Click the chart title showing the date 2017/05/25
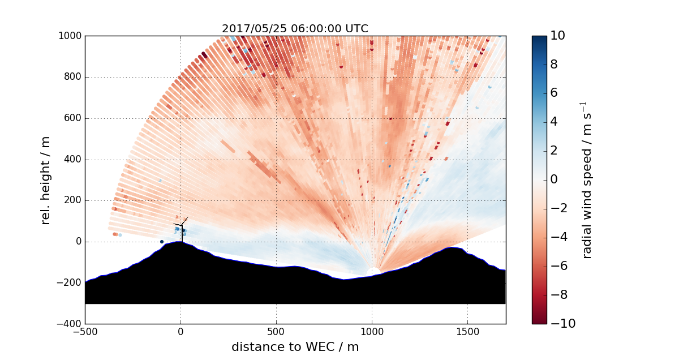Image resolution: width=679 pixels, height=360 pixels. tap(295, 29)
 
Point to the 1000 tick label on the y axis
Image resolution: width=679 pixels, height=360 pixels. tap(70, 36)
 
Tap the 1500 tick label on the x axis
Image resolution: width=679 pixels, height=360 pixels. tap(467, 331)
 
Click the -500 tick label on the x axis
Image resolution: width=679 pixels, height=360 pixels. tap(85, 331)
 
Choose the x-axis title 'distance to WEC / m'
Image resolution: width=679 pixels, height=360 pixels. tap(295, 347)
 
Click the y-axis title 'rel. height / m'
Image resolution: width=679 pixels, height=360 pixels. tap(46, 180)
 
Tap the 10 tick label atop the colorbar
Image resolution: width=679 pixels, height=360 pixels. tap(558, 36)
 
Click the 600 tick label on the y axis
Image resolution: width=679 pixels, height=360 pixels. tap(72, 118)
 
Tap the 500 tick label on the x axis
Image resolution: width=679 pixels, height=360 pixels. tap(276, 331)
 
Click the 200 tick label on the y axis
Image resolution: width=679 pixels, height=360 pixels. tap(72, 200)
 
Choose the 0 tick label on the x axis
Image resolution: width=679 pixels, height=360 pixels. tap(181, 331)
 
